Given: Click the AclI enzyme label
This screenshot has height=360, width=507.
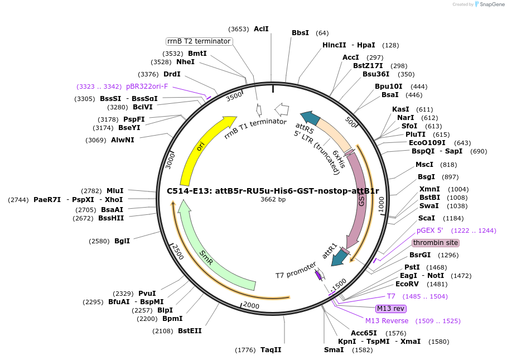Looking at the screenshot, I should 261,28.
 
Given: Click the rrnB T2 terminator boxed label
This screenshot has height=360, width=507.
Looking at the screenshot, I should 199,41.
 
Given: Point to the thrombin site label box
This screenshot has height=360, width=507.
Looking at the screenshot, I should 435,243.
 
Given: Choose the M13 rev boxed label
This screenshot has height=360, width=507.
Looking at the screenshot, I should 391,309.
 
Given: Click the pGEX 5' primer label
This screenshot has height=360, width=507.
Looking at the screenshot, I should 429,231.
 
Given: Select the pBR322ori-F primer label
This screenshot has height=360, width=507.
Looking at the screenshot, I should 147,87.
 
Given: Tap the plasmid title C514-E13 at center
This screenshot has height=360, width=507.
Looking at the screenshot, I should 273,190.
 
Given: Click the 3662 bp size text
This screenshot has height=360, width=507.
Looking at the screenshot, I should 273,199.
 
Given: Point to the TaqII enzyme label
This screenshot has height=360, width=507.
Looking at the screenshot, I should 271,350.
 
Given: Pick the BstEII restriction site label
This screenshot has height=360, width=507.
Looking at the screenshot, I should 190,331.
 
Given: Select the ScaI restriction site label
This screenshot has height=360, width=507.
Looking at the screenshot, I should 427,218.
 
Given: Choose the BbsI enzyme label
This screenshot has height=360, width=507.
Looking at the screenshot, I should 300,33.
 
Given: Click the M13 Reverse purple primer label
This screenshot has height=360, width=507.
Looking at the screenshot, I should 387,321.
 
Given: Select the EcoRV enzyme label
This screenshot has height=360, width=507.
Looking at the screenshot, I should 407,284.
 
